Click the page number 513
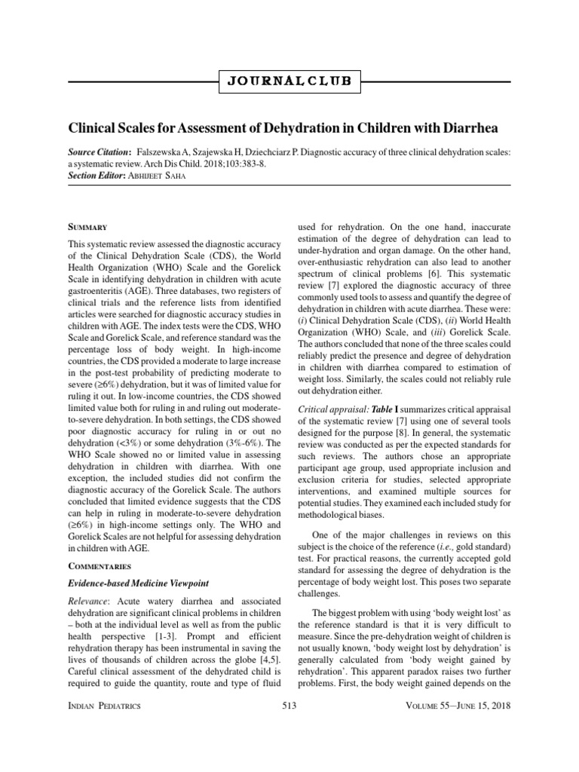289,706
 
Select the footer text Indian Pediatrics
104,706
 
